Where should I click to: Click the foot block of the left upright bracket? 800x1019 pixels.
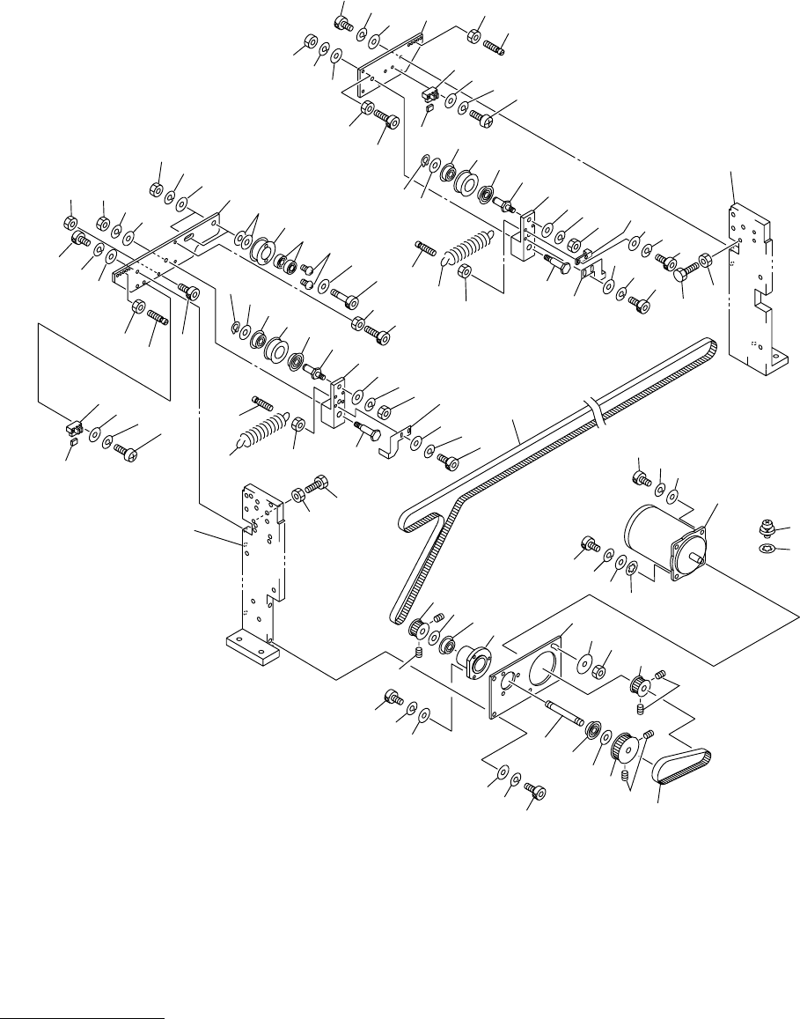[x=253, y=649]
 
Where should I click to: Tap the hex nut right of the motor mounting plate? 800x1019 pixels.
[x=597, y=672]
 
